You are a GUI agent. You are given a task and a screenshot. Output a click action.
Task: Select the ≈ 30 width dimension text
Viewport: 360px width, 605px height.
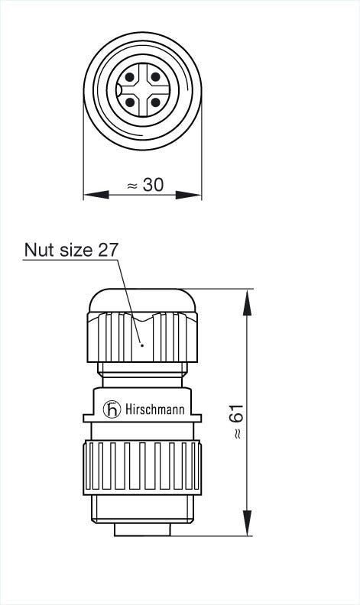tap(144, 185)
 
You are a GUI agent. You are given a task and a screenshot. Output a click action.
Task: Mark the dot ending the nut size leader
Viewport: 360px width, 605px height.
tap(142, 345)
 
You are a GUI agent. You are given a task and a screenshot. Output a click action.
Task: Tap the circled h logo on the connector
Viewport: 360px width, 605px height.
tap(113, 409)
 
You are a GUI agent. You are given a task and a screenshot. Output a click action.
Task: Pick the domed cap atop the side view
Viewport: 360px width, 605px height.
tap(142, 299)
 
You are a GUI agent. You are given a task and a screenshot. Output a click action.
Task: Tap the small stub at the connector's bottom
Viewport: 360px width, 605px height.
tap(142, 529)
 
